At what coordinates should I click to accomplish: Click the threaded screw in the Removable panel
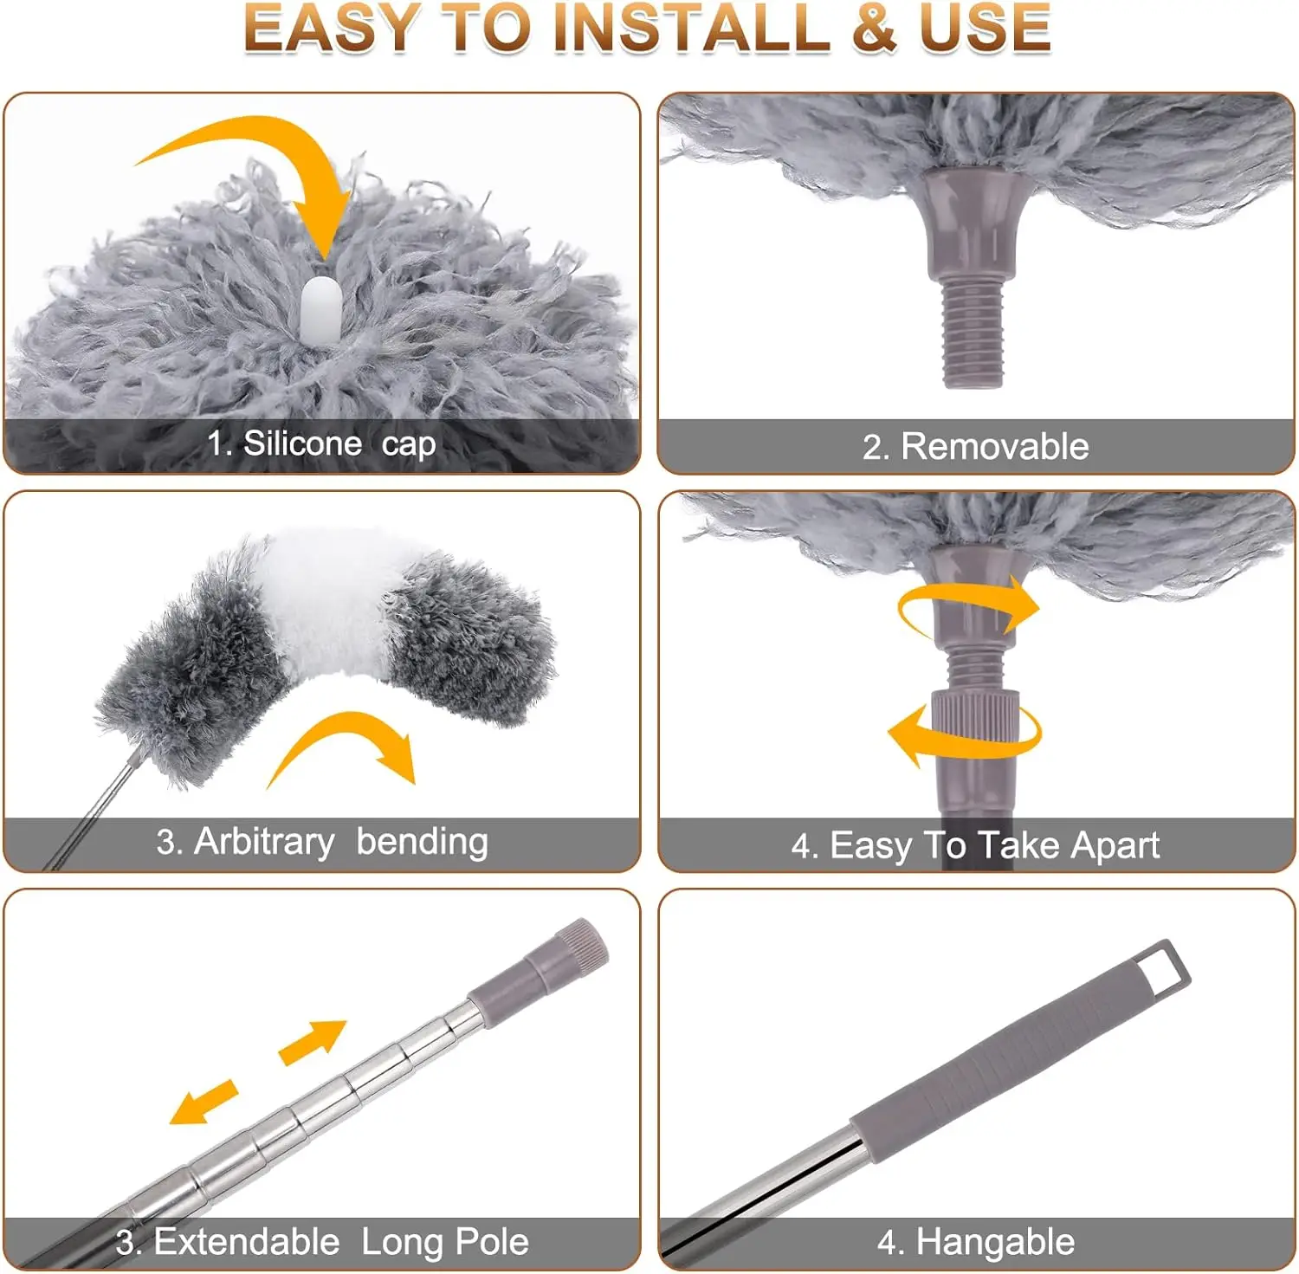pyautogui.click(x=972, y=333)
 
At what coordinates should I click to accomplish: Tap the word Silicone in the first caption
pyautogui.click(x=302, y=443)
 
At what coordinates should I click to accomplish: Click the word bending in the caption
pyautogui.click(x=422, y=842)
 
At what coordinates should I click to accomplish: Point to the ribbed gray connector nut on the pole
pyautogui.click(x=974, y=715)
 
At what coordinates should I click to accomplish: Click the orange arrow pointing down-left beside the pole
pyautogui.click(x=204, y=1103)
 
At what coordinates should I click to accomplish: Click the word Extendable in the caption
pyautogui.click(x=247, y=1242)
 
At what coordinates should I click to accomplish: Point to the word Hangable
pyautogui.click(x=995, y=1242)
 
